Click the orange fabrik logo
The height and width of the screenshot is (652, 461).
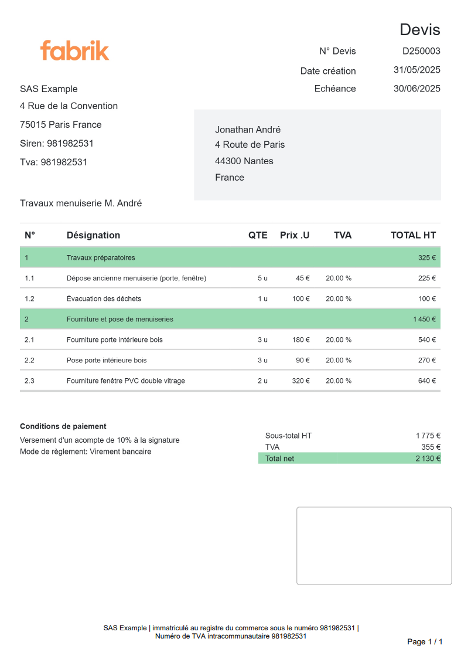(74, 50)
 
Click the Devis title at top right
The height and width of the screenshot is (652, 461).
(419, 29)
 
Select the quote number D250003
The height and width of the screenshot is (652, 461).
(421, 51)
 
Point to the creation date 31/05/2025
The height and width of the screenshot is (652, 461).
(416, 70)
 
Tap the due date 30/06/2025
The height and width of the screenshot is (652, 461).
(416, 89)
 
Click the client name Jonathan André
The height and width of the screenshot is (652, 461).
(248, 130)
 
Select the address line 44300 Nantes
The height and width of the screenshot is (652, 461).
(244, 161)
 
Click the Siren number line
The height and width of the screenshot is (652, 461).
(57, 143)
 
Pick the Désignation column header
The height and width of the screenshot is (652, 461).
(93, 235)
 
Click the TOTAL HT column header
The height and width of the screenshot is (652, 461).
(413, 235)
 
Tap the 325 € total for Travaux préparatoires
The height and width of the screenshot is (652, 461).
(427, 257)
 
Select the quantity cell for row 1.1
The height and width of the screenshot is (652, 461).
(262, 278)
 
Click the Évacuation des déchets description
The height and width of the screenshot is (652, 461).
(104, 298)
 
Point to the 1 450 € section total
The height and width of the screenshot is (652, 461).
(424, 319)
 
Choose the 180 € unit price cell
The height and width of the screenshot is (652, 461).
(301, 339)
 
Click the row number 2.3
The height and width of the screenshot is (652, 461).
(29, 381)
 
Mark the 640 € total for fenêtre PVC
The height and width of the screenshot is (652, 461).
(427, 381)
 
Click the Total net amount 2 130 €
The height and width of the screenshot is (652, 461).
(428, 459)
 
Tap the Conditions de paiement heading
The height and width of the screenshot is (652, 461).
(63, 426)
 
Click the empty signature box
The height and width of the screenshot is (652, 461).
(374, 545)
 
